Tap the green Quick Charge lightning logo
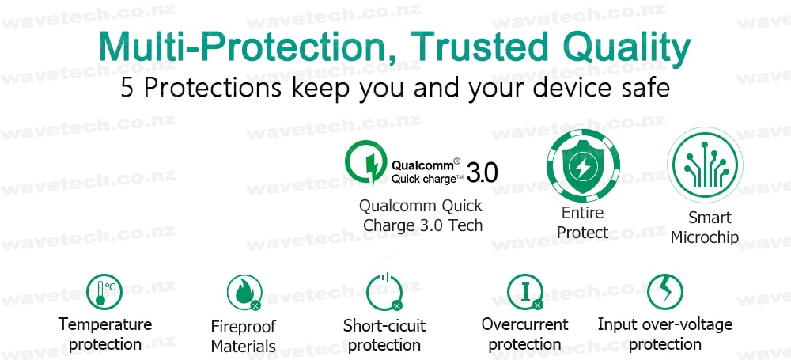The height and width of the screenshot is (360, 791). pos(365,162)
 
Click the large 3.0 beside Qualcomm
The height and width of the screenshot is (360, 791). pos(482,172)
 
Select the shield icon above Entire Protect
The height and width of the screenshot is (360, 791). pos(583,165)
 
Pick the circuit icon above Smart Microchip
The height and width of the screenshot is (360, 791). pos(705,165)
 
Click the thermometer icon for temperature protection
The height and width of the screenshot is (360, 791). pos(104,291)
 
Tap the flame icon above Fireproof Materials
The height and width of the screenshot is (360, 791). pos(244,292)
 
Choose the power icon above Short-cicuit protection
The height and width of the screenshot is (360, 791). pos(384,291)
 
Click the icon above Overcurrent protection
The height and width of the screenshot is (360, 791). pos(525,292)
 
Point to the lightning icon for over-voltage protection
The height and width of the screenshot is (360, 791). pos(665,291)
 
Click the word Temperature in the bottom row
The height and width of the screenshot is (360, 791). pos(105,324)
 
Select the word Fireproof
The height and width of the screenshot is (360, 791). pos(244,327)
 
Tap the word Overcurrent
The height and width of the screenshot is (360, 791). pos(524,324)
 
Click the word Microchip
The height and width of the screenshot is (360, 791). pos(705,237)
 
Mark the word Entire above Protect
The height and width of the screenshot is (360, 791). pos(583,213)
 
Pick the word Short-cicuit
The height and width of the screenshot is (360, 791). pos(384,326)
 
